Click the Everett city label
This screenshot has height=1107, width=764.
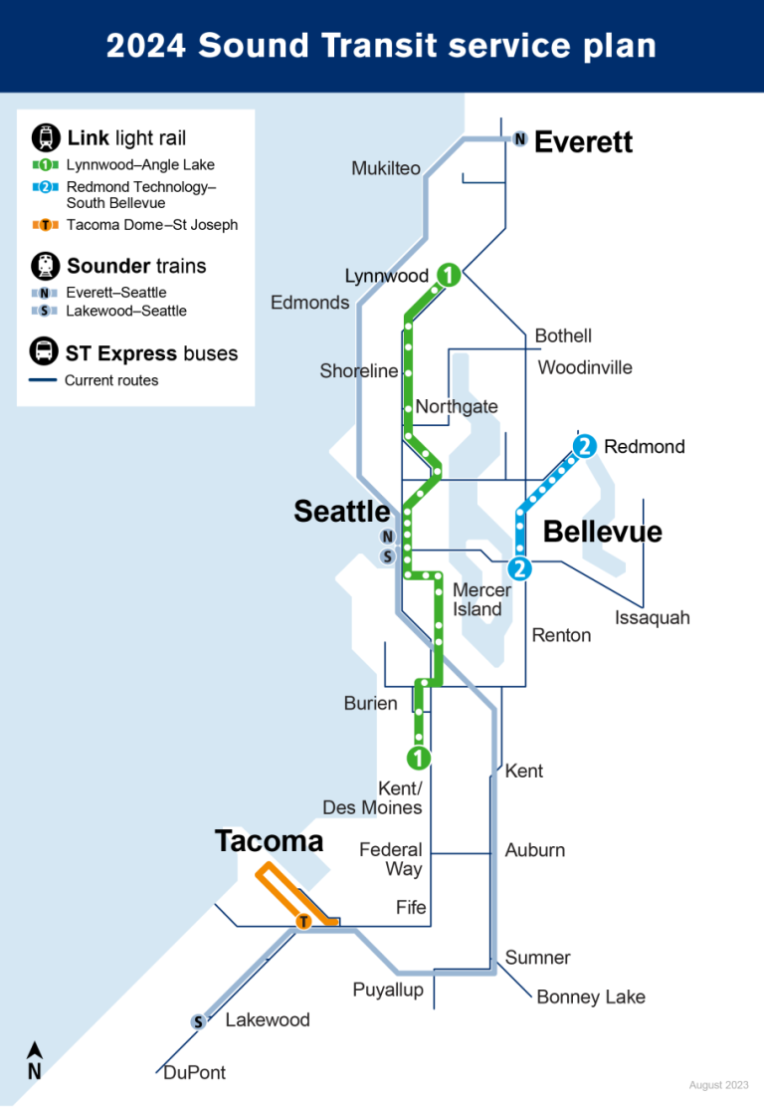[583, 142]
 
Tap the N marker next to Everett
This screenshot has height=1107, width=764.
[519, 139]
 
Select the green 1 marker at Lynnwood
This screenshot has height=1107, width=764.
[450, 275]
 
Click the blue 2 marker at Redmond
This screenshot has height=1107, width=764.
[584, 446]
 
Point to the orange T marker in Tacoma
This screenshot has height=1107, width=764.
[304, 923]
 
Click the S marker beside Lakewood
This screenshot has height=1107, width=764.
[198, 1021]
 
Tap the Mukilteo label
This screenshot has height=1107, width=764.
[386, 168]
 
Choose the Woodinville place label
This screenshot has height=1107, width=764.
[585, 367]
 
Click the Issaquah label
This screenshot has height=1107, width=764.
[652, 618]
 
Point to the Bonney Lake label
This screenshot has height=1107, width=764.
[591, 996]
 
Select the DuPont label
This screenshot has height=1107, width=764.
[194, 1072]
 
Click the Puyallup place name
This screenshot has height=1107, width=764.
[388, 990]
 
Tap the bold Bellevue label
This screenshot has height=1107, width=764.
[602, 532]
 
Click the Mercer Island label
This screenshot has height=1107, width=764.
[481, 599]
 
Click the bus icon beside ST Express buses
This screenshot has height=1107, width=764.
[44, 352]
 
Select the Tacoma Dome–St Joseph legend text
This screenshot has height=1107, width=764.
[152, 225]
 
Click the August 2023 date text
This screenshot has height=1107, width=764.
[718, 1085]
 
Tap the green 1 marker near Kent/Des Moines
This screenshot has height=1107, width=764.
[419, 758]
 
